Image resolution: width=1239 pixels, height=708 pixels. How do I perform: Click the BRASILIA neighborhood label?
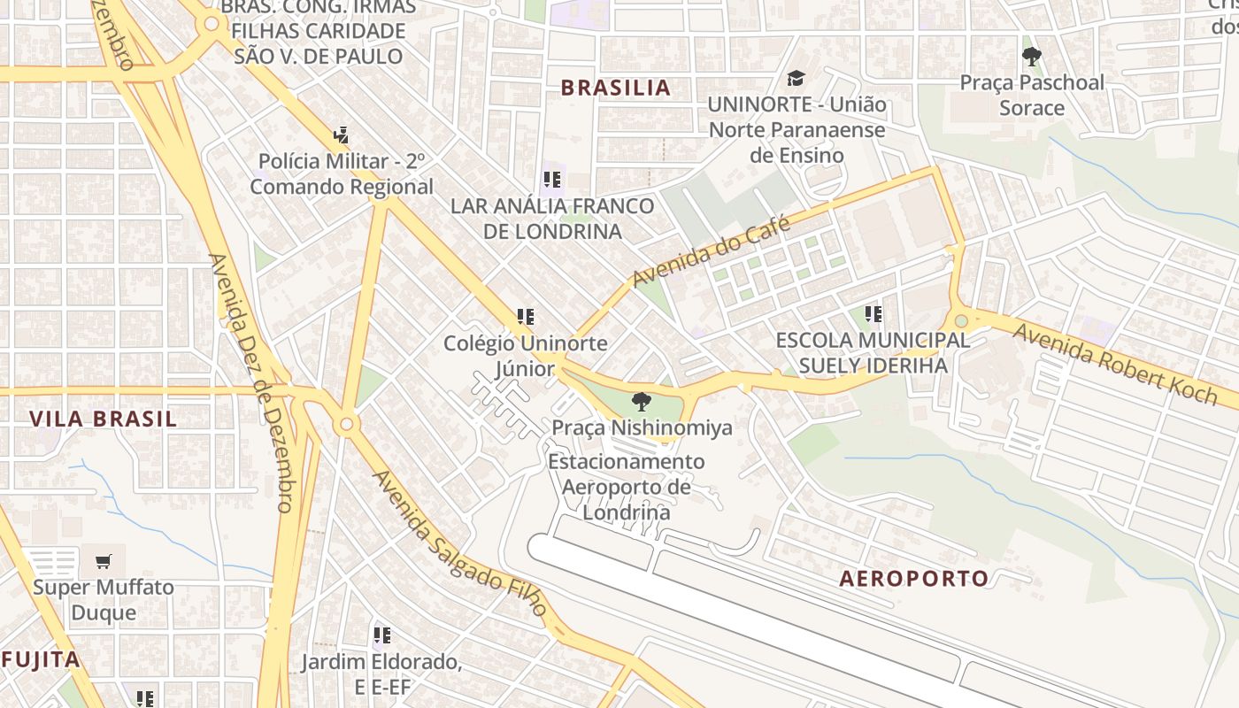point(616,88)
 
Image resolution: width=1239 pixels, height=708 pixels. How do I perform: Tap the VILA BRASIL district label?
point(104,419)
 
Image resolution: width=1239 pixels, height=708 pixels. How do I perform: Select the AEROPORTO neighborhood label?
point(913,579)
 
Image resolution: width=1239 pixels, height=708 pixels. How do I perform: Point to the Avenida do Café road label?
point(711,252)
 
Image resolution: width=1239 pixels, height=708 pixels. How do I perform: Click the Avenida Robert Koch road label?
point(1116,363)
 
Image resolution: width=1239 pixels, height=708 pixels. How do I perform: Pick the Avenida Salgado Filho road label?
point(461,543)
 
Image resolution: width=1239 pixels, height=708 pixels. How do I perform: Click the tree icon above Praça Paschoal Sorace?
point(1031,58)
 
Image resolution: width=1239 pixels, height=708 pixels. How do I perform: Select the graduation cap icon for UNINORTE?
point(796,79)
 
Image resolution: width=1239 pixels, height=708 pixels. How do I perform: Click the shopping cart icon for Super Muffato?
point(104,561)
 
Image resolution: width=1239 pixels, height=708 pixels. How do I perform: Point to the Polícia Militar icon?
point(342,136)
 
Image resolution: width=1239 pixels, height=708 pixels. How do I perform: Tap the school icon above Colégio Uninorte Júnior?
point(525,317)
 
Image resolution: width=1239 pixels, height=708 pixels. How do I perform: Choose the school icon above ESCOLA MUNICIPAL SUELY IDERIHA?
point(873,314)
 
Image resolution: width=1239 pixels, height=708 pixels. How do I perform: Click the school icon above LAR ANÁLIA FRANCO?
point(552,181)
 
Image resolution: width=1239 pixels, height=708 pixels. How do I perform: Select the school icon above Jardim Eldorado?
point(381,635)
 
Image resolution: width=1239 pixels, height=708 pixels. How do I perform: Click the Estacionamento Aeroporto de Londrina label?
point(627,487)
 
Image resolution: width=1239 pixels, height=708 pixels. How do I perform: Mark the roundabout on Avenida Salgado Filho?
point(347,425)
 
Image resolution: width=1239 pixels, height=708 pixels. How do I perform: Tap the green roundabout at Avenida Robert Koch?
point(961,320)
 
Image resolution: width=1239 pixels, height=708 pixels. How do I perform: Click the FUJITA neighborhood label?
point(41,659)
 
